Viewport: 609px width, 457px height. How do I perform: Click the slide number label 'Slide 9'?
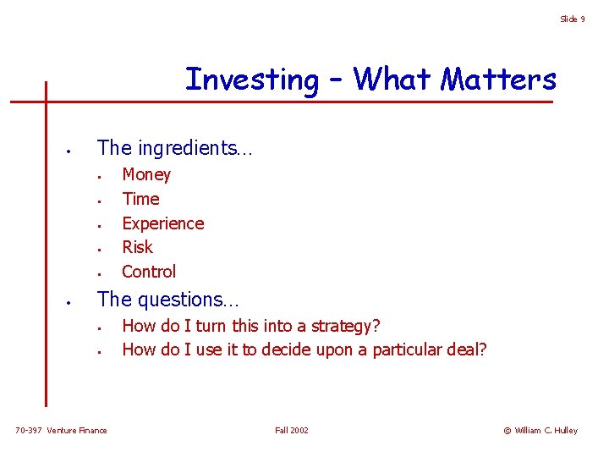click(572, 19)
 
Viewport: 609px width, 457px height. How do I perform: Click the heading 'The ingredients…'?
click(174, 148)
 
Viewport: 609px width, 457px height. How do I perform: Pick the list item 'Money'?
click(146, 174)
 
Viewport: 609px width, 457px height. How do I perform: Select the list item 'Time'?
click(140, 199)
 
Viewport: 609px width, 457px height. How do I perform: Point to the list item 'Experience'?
click(163, 223)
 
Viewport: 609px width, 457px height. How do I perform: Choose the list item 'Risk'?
click(137, 247)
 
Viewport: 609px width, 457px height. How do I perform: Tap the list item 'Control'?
click(149, 272)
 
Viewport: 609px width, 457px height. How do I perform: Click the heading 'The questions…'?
click(168, 300)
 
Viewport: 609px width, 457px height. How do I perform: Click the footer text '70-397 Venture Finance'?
click(61, 431)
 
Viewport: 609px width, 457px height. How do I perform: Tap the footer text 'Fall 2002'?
click(292, 431)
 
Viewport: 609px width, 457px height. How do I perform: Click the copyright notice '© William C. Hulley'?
click(540, 431)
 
